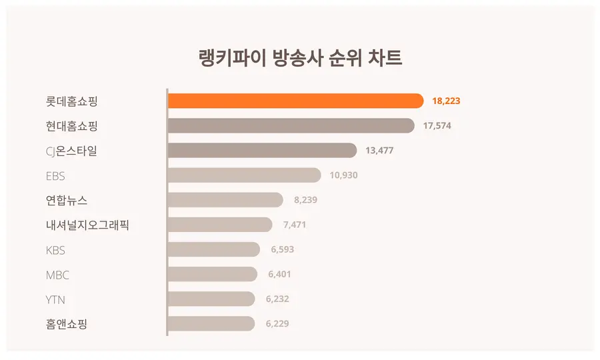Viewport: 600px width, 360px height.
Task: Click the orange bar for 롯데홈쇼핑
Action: pos(295,101)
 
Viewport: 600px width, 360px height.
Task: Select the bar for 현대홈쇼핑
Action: pos(291,125)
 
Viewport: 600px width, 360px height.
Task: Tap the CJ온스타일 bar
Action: pos(261,151)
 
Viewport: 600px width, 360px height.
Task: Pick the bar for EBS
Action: pos(244,175)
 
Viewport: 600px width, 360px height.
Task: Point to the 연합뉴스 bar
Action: pos(225,200)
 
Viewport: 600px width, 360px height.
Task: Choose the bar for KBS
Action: pos(213,250)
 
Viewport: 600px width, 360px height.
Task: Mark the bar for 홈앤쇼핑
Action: pos(211,324)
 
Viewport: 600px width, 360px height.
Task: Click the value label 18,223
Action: pos(446,101)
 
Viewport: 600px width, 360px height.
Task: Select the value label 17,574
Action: pos(437,126)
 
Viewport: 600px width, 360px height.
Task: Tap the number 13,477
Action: pos(379,151)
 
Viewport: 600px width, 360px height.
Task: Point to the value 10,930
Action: pos(344,175)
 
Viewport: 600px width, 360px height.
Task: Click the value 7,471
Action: pos(295,225)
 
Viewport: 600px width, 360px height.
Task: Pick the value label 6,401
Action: pos(279,274)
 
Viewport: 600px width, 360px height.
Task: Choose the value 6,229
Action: pos(277,324)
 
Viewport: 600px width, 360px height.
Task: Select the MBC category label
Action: pos(57,275)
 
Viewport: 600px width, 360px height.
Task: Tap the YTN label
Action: pos(55,299)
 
